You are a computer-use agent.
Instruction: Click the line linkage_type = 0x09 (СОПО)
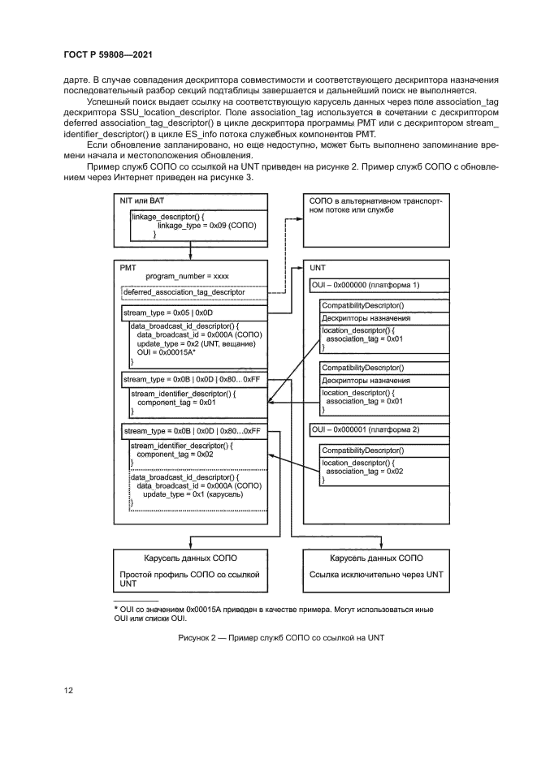pos(206,225)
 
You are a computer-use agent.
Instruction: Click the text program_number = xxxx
pos(187,276)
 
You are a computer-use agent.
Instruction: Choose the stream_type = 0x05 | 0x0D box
pos(193,312)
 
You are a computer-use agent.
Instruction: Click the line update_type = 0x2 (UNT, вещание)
pos(196,344)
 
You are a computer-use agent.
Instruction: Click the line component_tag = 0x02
pos(175,455)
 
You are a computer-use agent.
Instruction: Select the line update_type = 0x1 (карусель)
pos(188,494)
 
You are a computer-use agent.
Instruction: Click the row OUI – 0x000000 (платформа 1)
pos(365,286)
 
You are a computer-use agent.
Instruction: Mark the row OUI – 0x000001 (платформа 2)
pos(365,429)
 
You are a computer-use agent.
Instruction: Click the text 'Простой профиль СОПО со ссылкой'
pos(189,574)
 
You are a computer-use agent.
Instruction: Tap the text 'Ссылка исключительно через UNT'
pos(376,574)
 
